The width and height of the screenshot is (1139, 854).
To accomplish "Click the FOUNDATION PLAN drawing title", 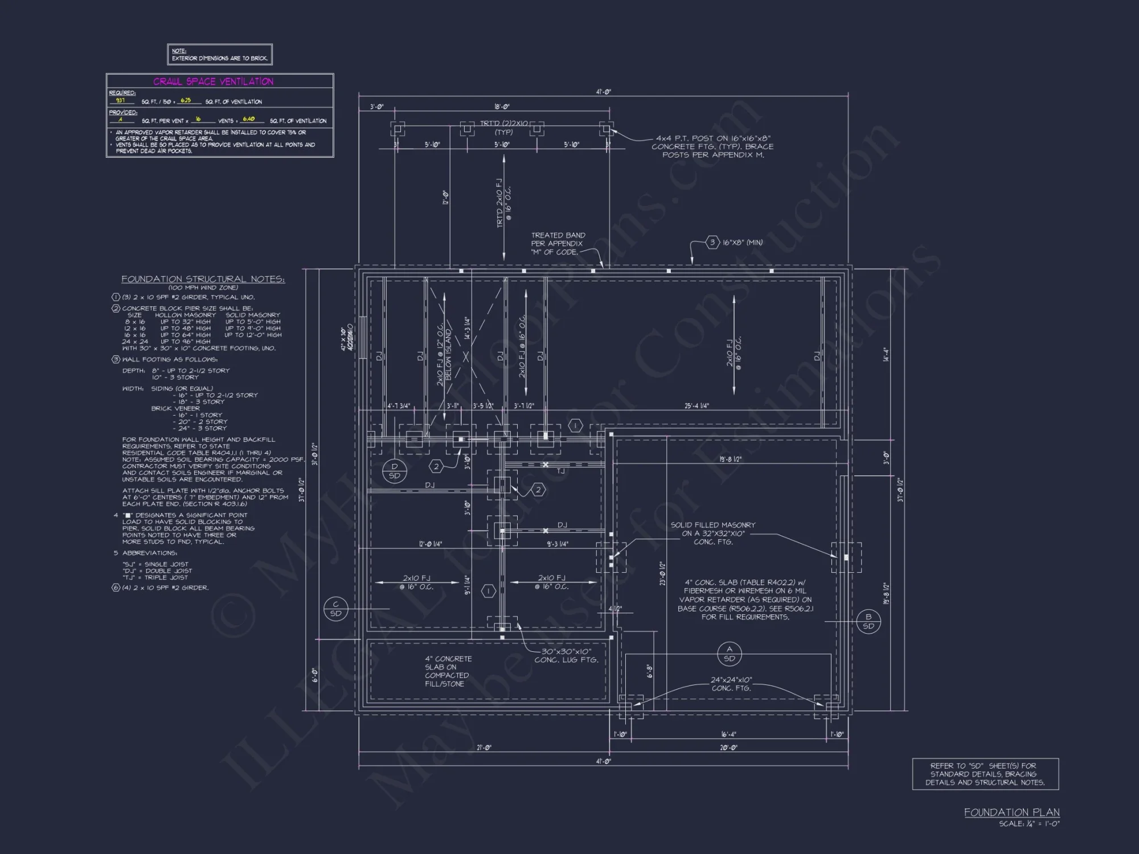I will click(x=1011, y=812).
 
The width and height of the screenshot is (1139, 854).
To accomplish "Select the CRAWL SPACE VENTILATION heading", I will click(x=213, y=81).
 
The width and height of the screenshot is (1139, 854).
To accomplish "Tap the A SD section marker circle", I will click(x=729, y=654).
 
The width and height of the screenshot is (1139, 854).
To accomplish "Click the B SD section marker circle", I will click(x=868, y=621).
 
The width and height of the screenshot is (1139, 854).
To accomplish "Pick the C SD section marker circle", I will click(x=335, y=609).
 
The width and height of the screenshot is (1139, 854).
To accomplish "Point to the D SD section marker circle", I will click(x=395, y=471).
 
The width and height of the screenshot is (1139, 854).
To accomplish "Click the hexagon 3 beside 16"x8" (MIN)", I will click(x=712, y=243).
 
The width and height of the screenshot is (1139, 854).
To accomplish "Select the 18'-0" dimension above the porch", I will click(x=502, y=106).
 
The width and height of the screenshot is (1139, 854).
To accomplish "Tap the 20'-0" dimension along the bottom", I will click(x=728, y=748).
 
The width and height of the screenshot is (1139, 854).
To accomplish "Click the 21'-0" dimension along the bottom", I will click(x=484, y=748).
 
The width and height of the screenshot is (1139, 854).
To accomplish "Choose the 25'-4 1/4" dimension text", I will click(x=696, y=406).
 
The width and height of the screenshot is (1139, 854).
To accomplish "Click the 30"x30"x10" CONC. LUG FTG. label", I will click(x=566, y=656).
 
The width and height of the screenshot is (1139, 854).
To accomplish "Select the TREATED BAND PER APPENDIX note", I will click(x=558, y=243).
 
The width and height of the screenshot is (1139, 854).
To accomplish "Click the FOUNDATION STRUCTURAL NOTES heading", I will click(x=203, y=279).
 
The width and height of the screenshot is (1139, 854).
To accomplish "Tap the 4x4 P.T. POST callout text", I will click(x=712, y=146).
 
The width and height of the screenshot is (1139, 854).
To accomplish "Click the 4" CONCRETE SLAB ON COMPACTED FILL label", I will click(x=448, y=671).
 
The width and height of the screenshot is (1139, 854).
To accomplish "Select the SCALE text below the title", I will click(x=1029, y=824).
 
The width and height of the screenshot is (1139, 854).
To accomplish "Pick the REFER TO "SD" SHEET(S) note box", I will click(x=985, y=774).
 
